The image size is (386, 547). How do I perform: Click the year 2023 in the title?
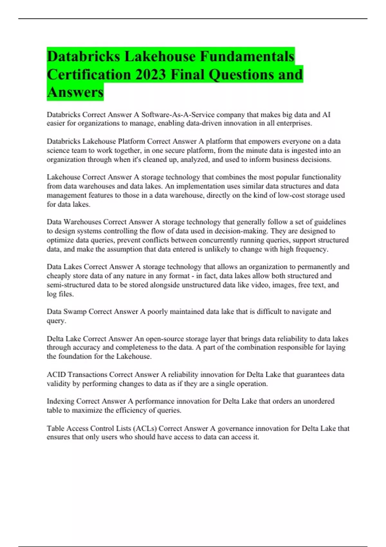(151, 75)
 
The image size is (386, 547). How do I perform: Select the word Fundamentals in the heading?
(247, 57)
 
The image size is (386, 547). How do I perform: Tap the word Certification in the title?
(89, 75)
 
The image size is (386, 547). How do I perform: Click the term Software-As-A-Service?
(178, 115)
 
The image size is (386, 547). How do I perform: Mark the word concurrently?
(219, 240)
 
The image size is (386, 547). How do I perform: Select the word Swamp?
(75, 311)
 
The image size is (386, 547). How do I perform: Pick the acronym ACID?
(56, 375)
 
